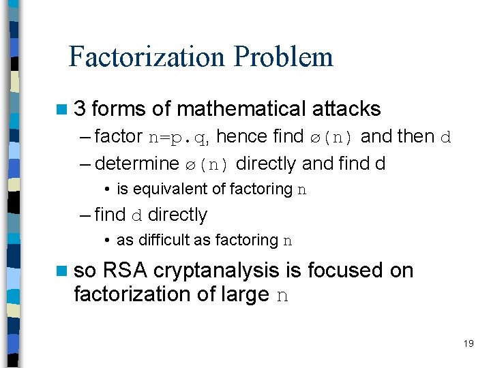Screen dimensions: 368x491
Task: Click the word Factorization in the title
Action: (x=148, y=57)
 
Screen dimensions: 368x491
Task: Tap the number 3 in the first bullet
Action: (x=80, y=108)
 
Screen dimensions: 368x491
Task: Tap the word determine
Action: (x=136, y=164)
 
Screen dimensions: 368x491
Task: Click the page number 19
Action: (x=468, y=343)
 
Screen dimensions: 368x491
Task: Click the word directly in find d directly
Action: (x=177, y=215)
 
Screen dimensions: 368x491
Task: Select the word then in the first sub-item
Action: (x=415, y=136)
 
